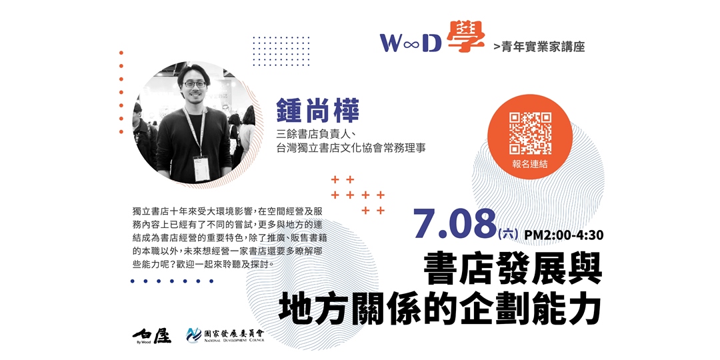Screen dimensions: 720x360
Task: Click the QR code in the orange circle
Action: pos(531,133)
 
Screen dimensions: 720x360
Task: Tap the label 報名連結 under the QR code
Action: pos(530,164)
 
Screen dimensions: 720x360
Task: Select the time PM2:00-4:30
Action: pos(563,235)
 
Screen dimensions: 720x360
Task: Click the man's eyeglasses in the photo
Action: pos(195,84)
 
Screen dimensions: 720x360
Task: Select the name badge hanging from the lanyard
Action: pos(201,169)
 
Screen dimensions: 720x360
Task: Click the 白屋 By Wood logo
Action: pos(151,336)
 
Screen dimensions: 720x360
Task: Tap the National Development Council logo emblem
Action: pos(193,335)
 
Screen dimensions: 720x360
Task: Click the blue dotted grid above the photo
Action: pos(281,51)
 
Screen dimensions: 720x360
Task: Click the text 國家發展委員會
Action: pos(234,333)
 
